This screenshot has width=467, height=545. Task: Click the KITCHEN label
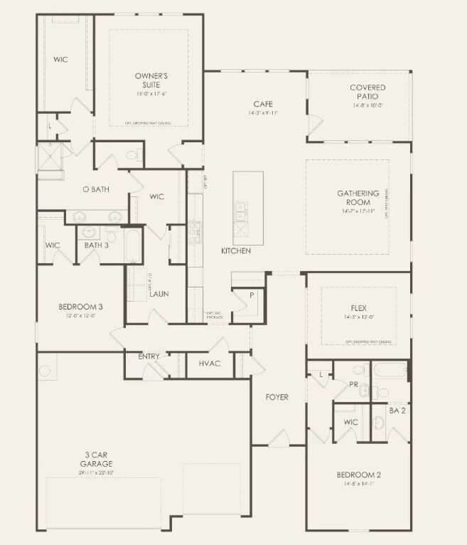pyautogui.click(x=236, y=251)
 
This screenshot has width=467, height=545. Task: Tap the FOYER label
pyautogui.click(x=277, y=397)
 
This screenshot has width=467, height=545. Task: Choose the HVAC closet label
pyautogui.click(x=210, y=364)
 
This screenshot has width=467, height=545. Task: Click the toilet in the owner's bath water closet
pyautogui.click(x=131, y=156)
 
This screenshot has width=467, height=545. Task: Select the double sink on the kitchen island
pyautogui.click(x=242, y=210)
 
